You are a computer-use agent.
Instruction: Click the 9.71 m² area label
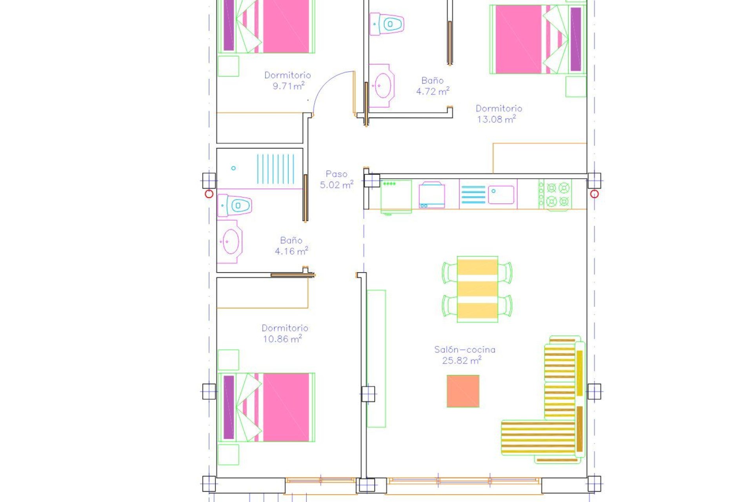point(288,86)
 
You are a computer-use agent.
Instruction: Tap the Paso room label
point(336,174)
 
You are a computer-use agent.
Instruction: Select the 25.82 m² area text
point(461,360)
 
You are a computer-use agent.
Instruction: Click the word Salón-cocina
point(464,349)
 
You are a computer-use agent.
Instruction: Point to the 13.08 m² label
point(496,119)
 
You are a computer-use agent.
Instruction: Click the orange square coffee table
point(463,391)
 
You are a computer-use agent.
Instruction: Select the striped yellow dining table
point(477,289)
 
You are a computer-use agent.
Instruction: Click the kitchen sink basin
point(501,195)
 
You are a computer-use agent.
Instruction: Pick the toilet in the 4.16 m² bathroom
point(236,206)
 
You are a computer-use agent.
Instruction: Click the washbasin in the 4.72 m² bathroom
point(382,85)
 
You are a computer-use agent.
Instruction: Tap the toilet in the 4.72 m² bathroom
point(387,24)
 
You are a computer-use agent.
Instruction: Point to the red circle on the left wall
point(209,194)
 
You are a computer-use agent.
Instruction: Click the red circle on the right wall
point(594,194)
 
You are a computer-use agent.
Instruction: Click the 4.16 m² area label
point(291,251)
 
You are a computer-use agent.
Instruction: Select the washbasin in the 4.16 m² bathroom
point(230,242)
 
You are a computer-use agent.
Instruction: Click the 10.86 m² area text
point(282,339)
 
